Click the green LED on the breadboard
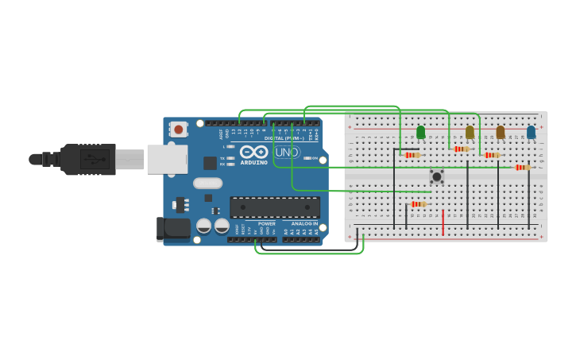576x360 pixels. tap(421, 132)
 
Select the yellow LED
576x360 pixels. tap(470, 132)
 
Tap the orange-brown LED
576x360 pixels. tap(500, 132)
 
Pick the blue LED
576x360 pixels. tap(531, 132)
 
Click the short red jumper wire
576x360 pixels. tap(443, 222)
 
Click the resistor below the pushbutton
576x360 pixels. tap(418, 204)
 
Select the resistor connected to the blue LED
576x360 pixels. tap(521, 168)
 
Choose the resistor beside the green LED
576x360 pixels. tap(412, 155)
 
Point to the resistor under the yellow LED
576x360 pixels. tap(462, 149)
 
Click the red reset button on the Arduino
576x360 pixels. tap(179, 129)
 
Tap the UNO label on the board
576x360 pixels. tap(287, 153)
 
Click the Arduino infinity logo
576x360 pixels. tap(254, 151)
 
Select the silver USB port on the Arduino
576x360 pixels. tap(167, 159)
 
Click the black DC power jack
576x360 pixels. tap(173, 229)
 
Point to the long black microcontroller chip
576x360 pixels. tap(275, 207)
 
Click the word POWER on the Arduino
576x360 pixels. tap(266, 224)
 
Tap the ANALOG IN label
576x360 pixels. tap(303, 224)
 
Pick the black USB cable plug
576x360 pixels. tap(87, 159)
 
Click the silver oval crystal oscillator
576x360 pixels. tap(207, 183)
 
